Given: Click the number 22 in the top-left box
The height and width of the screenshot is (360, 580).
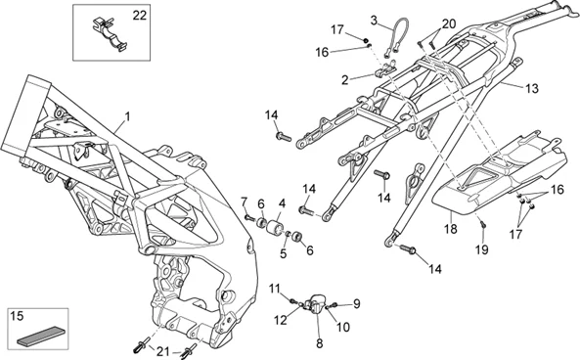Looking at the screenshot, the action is pyautogui.click(x=140, y=16).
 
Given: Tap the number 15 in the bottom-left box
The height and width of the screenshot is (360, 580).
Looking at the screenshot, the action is pyautogui.click(x=17, y=316).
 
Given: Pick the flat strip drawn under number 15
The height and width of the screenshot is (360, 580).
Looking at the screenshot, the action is pyautogui.click(x=41, y=337).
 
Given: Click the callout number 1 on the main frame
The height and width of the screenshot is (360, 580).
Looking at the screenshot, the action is pyautogui.click(x=127, y=117).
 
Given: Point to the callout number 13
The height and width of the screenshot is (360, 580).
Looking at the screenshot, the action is pyautogui.click(x=532, y=89).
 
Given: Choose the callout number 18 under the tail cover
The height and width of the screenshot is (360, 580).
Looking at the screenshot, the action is pyautogui.click(x=451, y=229).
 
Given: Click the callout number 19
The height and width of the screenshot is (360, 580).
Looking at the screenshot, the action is pyautogui.click(x=481, y=250).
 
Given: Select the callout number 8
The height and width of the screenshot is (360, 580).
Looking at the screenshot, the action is pyautogui.click(x=320, y=343).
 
